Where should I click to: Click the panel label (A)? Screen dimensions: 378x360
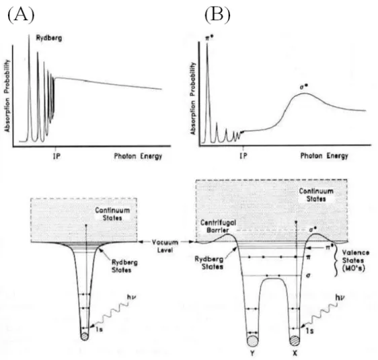coord(21,15)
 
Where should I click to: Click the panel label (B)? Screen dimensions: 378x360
coord(217,15)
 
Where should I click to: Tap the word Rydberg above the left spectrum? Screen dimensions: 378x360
coord(49,38)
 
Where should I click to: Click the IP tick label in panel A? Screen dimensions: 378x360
coord(57,157)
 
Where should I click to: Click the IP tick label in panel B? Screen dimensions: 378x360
coord(243,156)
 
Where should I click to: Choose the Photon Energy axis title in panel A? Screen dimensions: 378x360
coord(138,157)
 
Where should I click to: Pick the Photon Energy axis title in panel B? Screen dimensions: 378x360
coord(324,156)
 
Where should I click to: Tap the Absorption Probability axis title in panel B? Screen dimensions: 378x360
coord(193,99)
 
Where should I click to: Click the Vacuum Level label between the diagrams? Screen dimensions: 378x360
coord(165,246)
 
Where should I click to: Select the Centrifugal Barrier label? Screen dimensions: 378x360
coord(215,226)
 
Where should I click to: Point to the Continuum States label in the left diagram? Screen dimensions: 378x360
coord(112,214)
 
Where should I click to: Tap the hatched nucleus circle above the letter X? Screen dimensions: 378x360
coord(295,340)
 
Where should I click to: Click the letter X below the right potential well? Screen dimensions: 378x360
coord(295,353)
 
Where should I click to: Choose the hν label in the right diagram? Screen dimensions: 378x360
coord(340,298)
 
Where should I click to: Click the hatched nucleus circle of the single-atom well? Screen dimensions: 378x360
coord(85,336)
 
